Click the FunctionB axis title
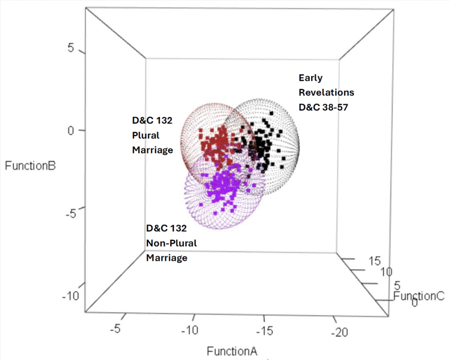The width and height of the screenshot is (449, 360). [x=30, y=166]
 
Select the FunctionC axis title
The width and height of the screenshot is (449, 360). [x=419, y=296]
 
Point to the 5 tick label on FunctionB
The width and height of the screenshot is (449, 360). [x=71, y=49]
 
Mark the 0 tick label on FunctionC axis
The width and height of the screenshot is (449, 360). [x=414, y=303]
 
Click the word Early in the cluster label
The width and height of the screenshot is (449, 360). [x=310, y=78]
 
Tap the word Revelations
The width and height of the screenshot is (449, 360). [x=326, y=93]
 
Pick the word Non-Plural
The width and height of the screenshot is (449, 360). [x=171, y=243]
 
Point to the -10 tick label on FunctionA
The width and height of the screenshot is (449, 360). [x=191, y=329]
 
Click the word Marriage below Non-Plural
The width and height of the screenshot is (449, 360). [x=167, y=257]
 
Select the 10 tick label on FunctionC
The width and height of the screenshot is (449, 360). [x=385, y=272]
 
